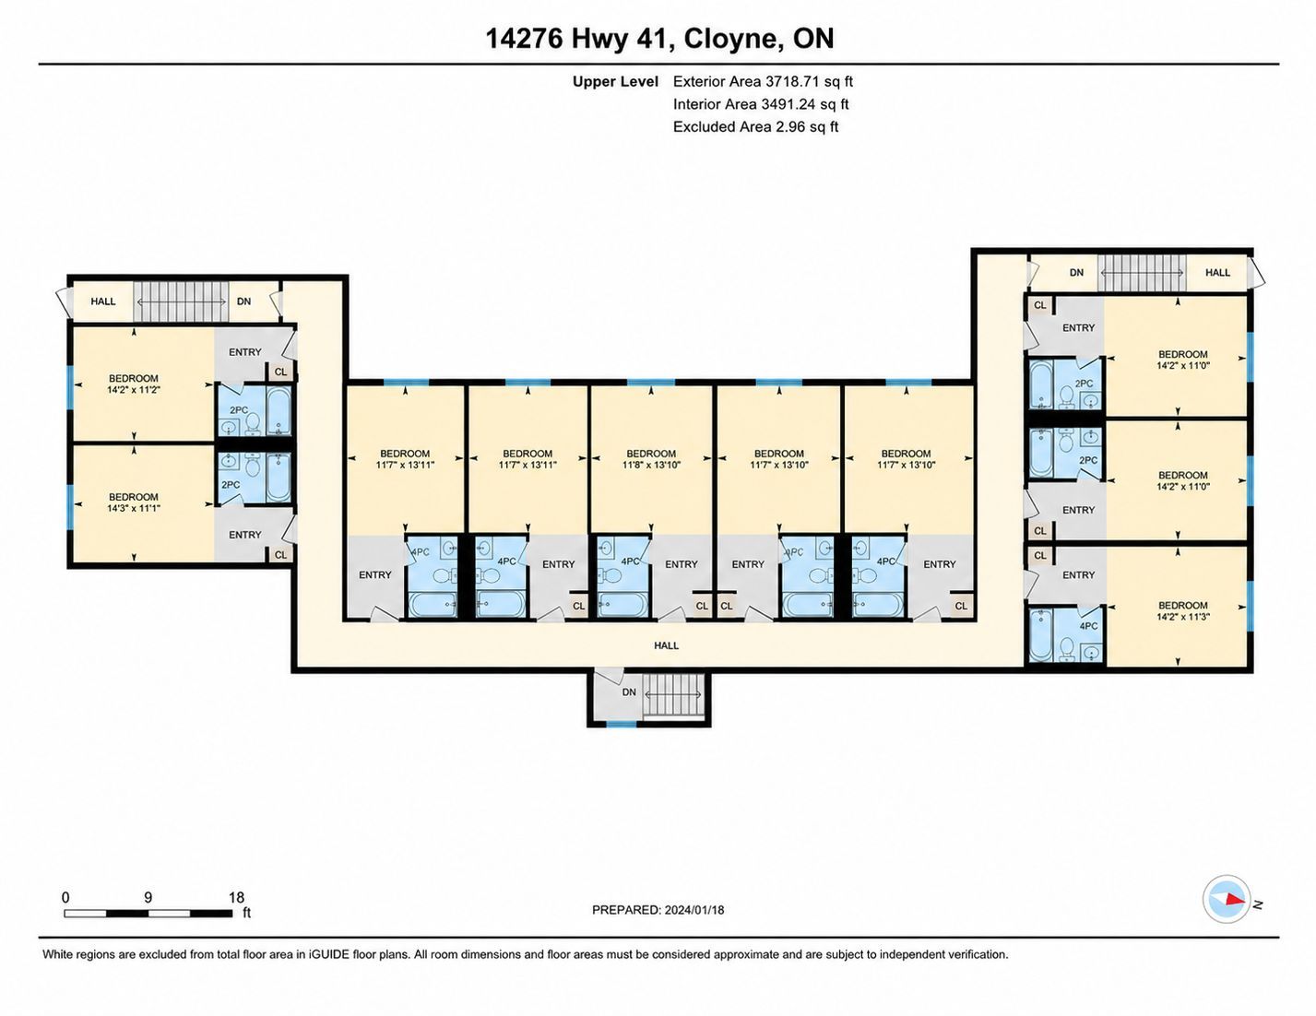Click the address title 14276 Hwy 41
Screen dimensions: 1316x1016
(579, 38)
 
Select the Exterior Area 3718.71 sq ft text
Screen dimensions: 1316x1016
(763, 81)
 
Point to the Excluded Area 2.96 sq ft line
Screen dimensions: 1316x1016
(755, 126)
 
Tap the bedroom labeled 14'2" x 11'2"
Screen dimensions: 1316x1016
(134, 384)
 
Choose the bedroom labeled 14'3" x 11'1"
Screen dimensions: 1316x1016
(134, 502)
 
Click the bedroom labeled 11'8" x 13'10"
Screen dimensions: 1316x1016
(651, 459)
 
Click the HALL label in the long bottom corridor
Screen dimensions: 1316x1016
(666, 645)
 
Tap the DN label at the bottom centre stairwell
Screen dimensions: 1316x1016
(629, 692)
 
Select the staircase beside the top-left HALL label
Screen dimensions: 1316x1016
(181, 301)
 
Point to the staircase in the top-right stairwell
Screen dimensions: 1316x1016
(1143, 273)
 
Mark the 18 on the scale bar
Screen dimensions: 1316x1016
(236, 897)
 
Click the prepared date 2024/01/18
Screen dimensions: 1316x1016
(694, 910)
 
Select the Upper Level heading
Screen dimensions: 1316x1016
(615, 82)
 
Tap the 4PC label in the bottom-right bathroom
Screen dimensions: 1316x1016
(1088, 626)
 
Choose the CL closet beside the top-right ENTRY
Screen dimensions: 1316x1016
(1040, 305)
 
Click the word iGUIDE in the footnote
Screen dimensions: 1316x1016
(329, 955)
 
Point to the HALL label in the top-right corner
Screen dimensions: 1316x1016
(1217, 273)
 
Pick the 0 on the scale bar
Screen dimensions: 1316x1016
(66, 897)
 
